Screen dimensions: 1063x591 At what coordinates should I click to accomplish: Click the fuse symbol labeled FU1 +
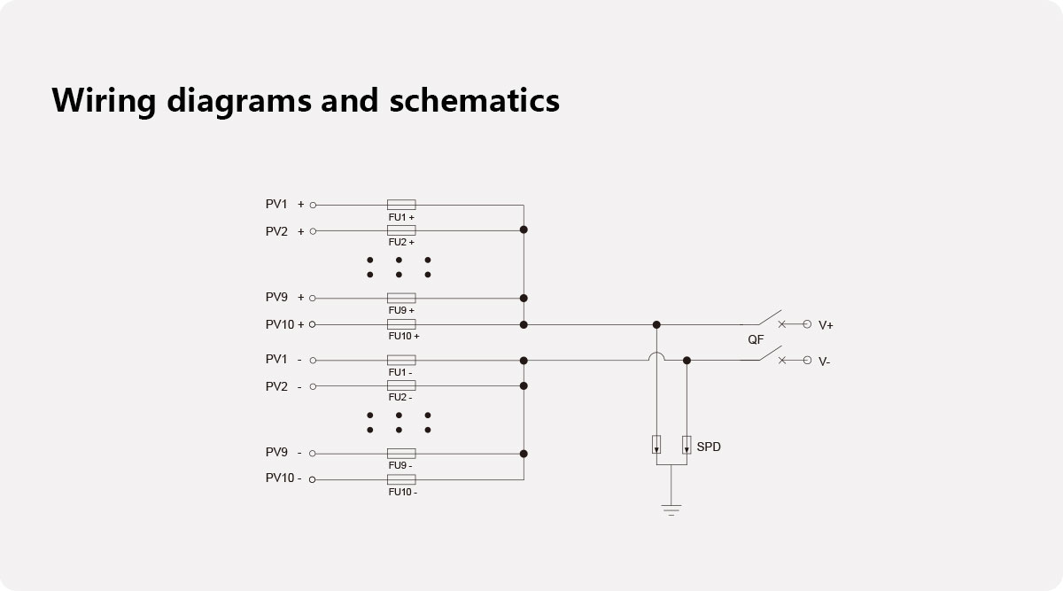tap(401, 205)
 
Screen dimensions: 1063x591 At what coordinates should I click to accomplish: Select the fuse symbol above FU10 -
tap(401, 479)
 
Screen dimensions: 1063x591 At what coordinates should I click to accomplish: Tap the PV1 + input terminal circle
tap(313, 205)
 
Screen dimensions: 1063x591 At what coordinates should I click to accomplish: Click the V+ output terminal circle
tap(807, 324)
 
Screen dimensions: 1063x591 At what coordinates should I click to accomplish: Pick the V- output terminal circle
tap(807, 361)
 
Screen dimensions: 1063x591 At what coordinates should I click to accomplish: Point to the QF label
tap(756, 340)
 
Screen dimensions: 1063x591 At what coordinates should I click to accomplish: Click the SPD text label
tap(709, 447)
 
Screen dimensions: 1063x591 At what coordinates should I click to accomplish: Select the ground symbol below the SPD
tap(671, 510)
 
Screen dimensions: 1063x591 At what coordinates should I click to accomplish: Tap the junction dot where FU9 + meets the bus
tap(524, 298)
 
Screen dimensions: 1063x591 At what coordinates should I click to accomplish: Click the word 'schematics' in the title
tap(474, 100)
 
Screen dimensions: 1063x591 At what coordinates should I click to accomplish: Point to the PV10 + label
tap(284, 324)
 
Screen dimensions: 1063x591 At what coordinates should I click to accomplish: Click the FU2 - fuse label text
tap(400, 397)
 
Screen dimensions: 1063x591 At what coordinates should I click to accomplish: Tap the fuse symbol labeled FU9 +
tap(401, 298)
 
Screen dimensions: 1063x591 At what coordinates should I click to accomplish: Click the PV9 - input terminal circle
tap(312, 454)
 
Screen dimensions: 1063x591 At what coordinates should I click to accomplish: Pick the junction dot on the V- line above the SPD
tap(687, 361)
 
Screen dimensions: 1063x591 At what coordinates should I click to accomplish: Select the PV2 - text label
tap(283, 387)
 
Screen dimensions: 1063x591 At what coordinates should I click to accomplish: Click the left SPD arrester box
tap(656, 444)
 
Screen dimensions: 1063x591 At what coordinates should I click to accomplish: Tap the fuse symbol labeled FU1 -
tap(401, 360)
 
